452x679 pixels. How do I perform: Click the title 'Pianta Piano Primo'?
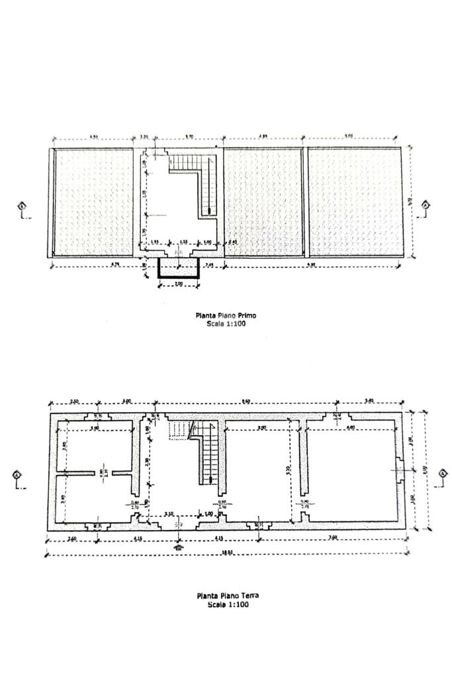(x=225, y=316)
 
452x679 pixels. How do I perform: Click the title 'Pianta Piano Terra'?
(x=227, y=596)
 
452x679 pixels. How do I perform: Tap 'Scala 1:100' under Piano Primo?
(x=226, y=324)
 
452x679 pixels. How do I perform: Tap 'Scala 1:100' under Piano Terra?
(x=228, y=604)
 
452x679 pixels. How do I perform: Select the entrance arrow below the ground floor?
(x=178, y=547)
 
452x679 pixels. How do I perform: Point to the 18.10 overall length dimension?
(x=228, y=552)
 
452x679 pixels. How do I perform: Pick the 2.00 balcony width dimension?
(x=179, y=284)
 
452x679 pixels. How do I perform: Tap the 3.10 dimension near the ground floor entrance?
(x=169, y=513)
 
